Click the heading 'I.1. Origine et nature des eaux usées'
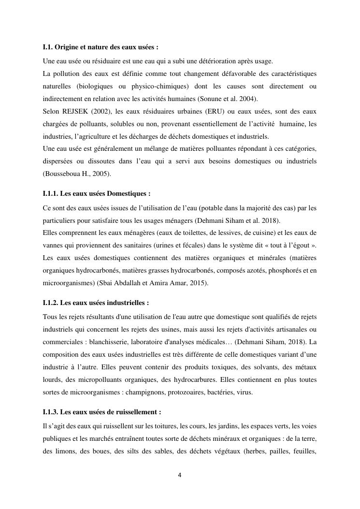[x=101, y=47]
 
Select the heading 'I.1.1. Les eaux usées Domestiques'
[x=97, y=193]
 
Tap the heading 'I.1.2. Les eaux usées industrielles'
[x=96, y=303]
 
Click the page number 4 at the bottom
[x=180, y=475]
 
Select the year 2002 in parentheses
[x=99, y=111]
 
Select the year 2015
[x=198, y=283]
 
